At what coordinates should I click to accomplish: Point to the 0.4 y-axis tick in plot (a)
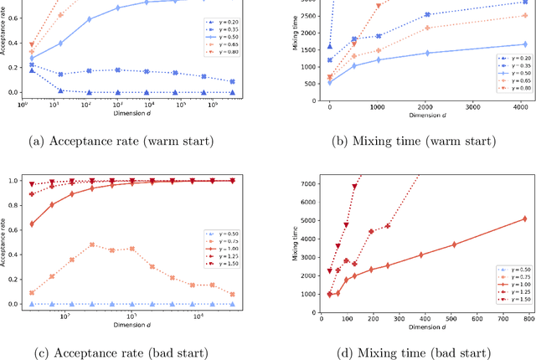(x=12, y=41)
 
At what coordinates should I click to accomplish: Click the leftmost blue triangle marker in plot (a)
(x=32, y=70)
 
